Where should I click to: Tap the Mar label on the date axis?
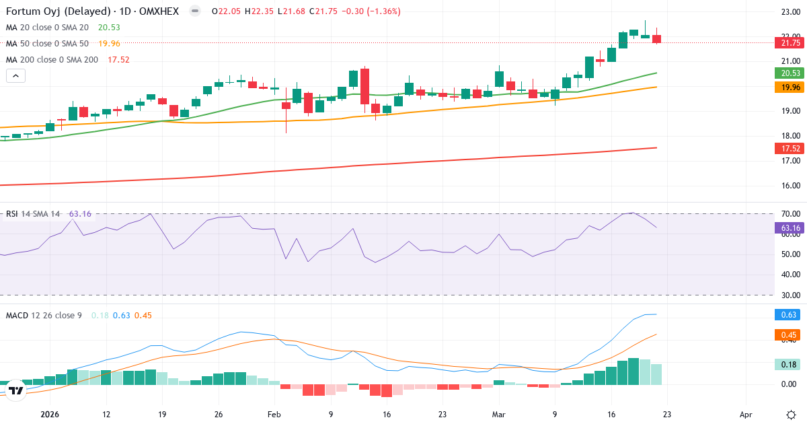[x=498, y=415]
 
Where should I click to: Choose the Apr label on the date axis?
[x=745, y=415]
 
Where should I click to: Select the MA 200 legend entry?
[x=52, y=59]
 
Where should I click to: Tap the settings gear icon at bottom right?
[x=791, y=414]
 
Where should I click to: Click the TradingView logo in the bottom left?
[x=17, y=390]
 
